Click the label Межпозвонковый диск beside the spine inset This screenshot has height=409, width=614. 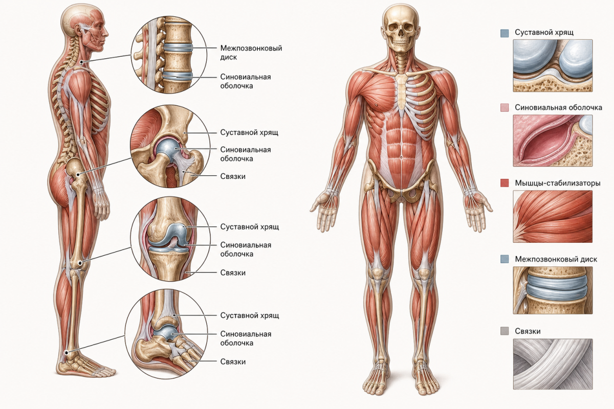[x=251, y=53]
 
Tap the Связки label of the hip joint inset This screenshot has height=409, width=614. [x=233, y=176]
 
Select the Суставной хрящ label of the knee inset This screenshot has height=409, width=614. [x=250, y=227]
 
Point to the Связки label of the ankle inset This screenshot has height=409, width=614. [x=233, y=361]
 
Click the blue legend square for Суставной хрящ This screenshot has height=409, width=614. [x=505, y=33]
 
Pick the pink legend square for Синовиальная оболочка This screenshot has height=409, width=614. [x=505, y=107]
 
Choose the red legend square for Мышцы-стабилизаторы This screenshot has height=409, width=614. [x=505, y=183]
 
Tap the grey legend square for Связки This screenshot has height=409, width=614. [x=505, y=331]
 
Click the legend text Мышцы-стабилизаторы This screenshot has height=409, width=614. [x=558, y=183]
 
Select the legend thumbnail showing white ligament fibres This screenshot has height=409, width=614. [x=553, y=364]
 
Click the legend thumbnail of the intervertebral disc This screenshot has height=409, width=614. [x=553, y=290]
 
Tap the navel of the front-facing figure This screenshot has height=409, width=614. [x=401, y=157]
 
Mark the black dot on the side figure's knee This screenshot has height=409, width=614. [x=80, y=263]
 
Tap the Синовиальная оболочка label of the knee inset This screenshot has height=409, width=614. [x=246, y=249]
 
